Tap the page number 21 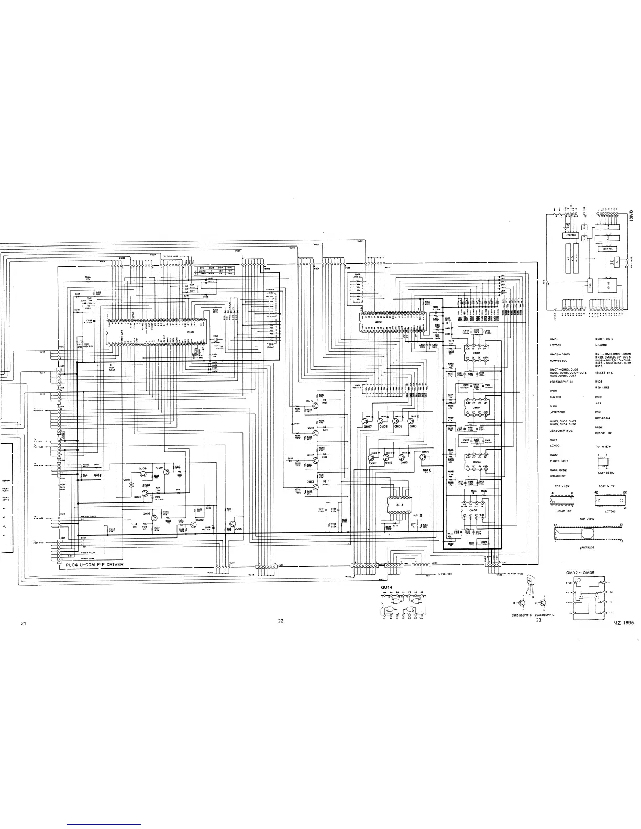pos(23,623)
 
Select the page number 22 pos(281,621)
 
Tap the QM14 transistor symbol pos(424,456)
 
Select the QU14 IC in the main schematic pos(400,505)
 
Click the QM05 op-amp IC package pos(476,354)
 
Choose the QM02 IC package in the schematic pos(473,510)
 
